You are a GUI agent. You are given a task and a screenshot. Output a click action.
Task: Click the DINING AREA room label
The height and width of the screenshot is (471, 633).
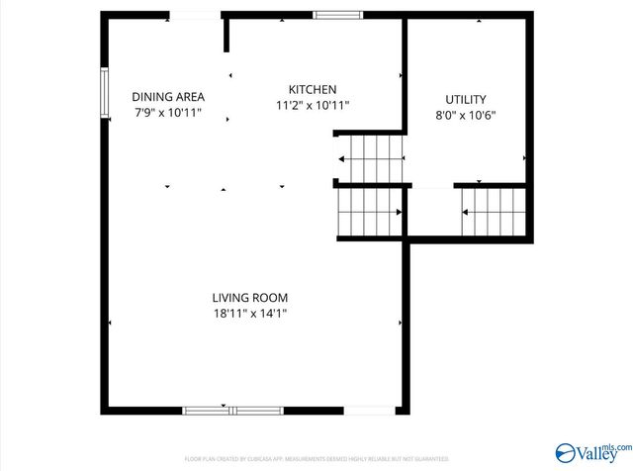pos(168,97)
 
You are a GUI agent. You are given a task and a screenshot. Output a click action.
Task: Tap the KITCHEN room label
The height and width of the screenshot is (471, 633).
pos(312,89)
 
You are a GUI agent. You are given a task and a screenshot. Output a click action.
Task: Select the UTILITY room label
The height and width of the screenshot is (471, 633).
pos(465,99)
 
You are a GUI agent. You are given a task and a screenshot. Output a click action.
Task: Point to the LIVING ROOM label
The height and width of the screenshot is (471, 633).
pos(249,298)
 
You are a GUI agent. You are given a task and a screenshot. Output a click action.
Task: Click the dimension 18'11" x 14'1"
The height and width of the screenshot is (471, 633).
pos(249,314)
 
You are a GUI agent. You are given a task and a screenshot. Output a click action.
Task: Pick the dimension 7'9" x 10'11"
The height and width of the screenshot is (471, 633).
pos(168,113)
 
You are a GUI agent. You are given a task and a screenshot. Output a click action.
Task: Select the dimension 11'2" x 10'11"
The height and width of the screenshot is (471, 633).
pos(312,105)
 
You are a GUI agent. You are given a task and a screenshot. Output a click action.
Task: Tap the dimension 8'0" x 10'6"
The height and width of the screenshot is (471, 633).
pos(465,115)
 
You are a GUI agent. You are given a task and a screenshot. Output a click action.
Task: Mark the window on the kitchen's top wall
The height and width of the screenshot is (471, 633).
pos(337,15)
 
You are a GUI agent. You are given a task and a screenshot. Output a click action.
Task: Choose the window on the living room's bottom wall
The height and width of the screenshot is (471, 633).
pos(232,409)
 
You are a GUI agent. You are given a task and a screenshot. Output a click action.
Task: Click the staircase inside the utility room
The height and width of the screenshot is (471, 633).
pos(494,210)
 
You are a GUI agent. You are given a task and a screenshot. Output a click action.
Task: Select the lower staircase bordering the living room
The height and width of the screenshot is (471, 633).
pos(370,212)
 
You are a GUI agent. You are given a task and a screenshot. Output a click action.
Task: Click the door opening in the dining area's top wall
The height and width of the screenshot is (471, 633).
pos(194,15)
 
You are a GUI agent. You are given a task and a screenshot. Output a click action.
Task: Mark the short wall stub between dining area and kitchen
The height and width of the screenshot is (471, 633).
pos(226,34)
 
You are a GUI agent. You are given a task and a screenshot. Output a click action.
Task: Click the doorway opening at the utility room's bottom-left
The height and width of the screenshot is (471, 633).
pos(430,186)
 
